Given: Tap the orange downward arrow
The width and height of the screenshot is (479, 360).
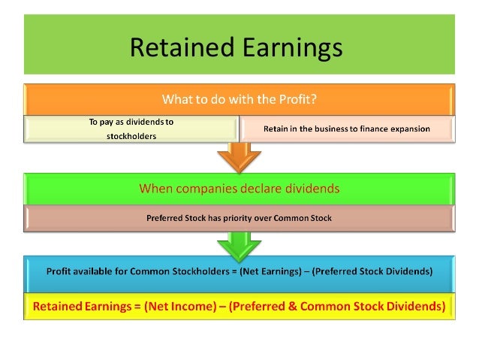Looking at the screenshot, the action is click(239, 156).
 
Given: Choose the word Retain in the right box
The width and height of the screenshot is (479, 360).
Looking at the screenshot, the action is click(276, 129).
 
